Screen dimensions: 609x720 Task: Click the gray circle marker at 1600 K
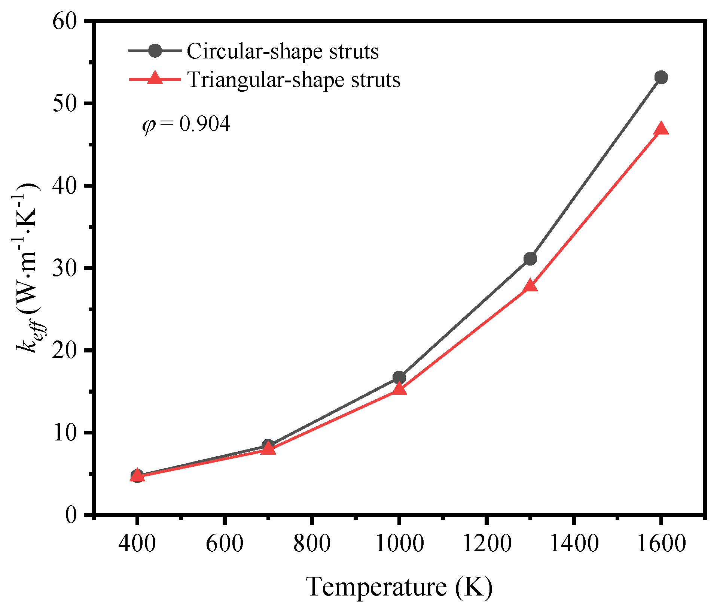661,78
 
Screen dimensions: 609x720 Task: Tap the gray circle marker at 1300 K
530,258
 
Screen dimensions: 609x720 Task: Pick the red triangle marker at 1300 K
530,286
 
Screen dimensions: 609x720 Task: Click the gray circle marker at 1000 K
399,378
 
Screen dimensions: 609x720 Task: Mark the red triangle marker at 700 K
268,449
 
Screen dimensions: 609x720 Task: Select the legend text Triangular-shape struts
294,79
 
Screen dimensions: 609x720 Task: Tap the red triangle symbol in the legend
155,79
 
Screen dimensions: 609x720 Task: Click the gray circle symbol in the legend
155,51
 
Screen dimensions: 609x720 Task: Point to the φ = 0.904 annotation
186,124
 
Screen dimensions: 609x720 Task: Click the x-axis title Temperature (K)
399,587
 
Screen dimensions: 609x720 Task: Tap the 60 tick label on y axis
64,21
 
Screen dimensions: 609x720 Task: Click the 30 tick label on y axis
64,268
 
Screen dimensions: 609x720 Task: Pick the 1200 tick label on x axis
486,543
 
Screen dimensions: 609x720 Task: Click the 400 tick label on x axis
137,543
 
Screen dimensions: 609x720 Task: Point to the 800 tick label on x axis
312,543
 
